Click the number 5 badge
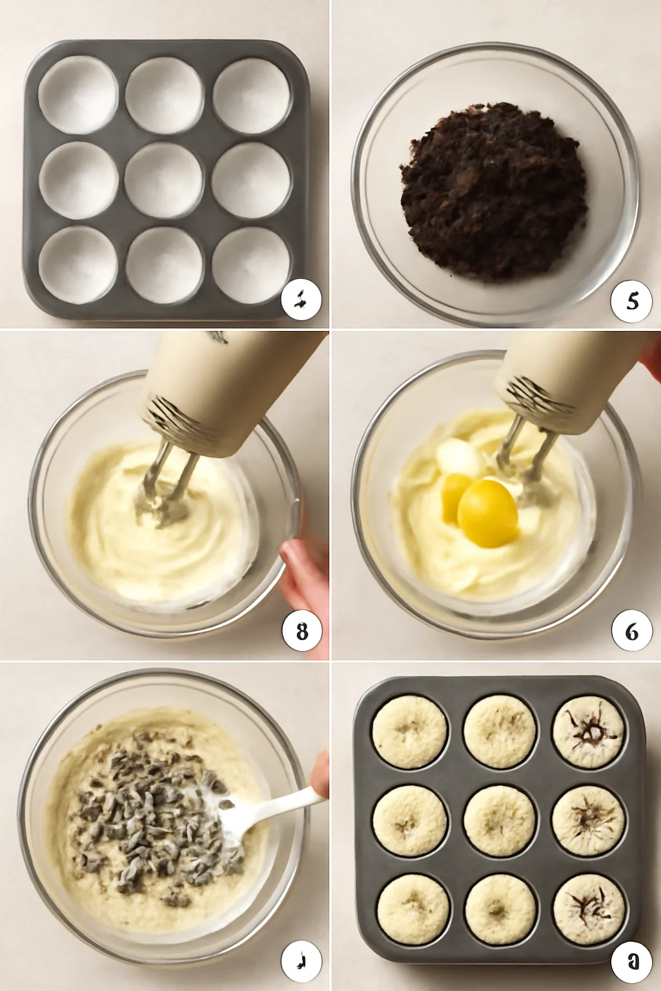[632, 301]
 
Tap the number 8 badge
[302, 631]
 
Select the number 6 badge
[632, 631]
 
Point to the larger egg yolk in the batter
[488, 514]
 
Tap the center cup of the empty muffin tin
[163, 181]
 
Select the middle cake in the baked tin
[499, 821]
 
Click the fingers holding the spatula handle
[320, 774]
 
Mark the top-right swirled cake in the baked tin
[588, 732]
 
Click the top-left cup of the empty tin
[78, 95]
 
